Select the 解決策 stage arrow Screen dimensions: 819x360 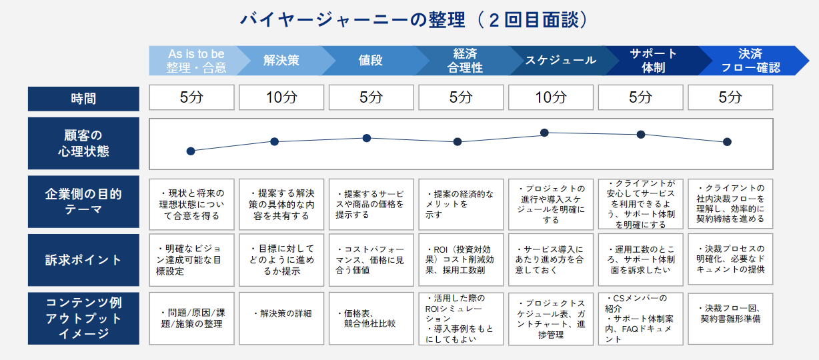(281, 60)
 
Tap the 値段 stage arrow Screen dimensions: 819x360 (370, 60)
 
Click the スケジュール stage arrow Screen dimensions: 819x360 (560, 60)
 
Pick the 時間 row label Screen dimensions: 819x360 (83, 99)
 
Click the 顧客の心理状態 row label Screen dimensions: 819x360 (83, 143)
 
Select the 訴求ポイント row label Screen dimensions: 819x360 (83, 260)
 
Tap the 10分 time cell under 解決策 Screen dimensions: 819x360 (281, 97)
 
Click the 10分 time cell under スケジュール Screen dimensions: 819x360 (551, 97)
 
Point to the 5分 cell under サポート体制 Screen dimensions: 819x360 (640, 97)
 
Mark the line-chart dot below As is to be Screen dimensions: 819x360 (191, 151)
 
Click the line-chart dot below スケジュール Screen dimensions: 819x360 (544, 133)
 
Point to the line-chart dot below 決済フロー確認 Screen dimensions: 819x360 (727, 142)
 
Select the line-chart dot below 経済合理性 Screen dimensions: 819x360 (458, 142)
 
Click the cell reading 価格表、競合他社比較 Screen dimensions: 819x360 (371, 319)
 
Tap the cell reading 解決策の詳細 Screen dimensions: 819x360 (281, 319)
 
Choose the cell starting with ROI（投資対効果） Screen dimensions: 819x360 (461, 260)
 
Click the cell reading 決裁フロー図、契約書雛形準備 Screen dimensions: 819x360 (730, 319)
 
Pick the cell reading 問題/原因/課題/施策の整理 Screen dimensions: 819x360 (191, 319)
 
